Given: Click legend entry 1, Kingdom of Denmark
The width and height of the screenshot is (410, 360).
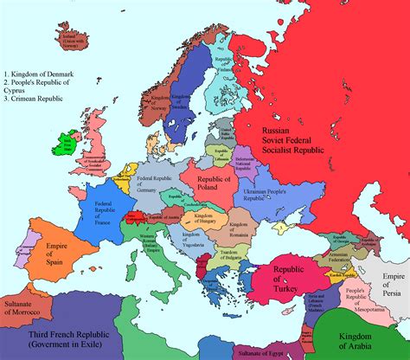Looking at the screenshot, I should [40, 76].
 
